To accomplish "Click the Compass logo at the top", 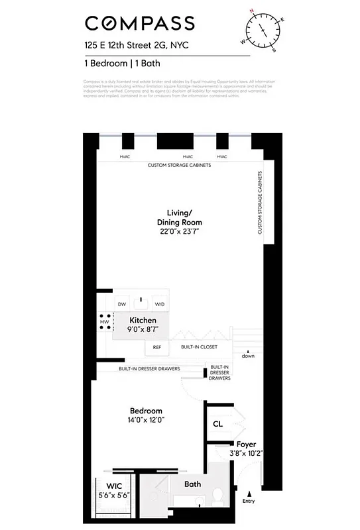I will click(139, 23).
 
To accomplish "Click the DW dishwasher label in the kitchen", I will click(121, 304).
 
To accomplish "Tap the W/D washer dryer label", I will click(159, 304).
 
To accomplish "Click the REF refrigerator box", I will click(157, 346).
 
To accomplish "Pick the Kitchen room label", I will click(143, 321).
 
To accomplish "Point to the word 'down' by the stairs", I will click(248, 356).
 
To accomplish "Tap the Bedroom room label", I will click(146, 411).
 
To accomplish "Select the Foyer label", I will click(246, 445).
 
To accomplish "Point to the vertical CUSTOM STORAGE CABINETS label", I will click(259, 203).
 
